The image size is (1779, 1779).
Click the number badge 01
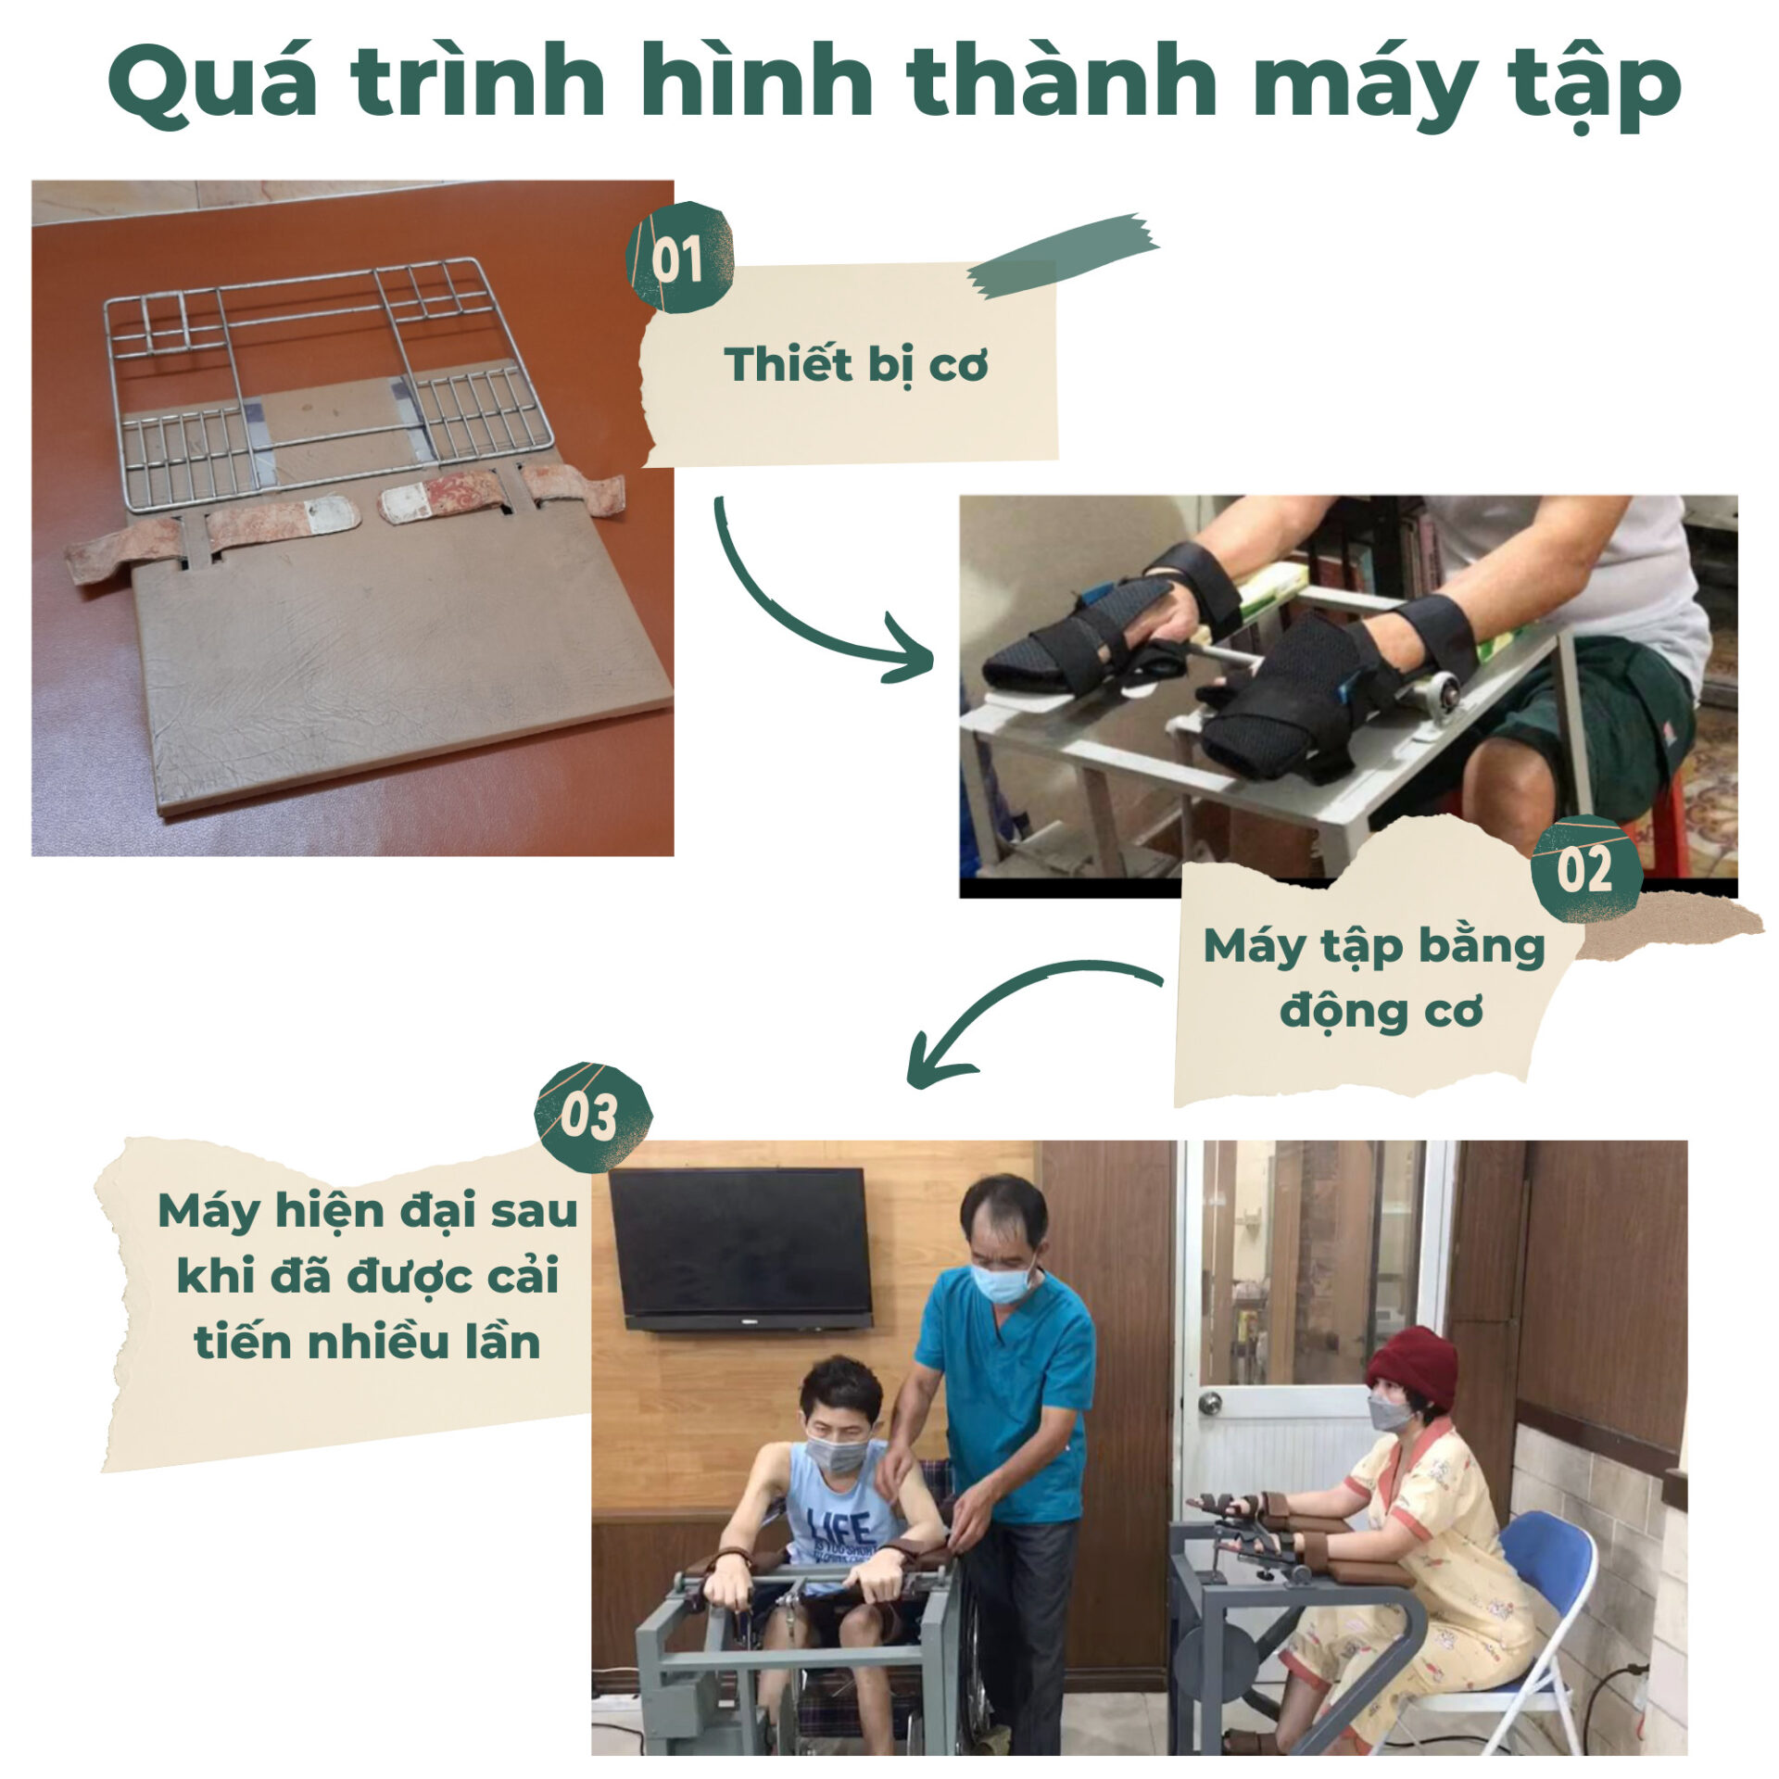point(679,258)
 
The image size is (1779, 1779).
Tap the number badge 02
point(1585,869)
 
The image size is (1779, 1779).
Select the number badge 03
point(593,1117)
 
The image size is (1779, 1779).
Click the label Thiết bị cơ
point(855,365)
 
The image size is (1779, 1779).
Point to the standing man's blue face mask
point(1001,1282)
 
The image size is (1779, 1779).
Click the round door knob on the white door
point(1207,1403)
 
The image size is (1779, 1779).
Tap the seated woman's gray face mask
point(1389,1414)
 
